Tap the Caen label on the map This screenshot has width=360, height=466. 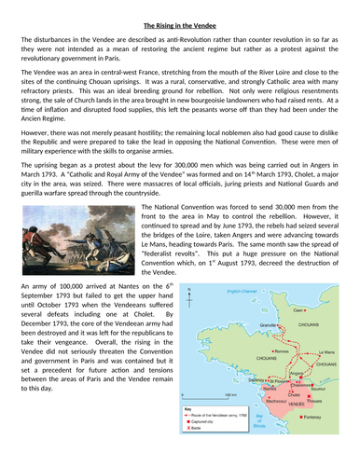[296, 308]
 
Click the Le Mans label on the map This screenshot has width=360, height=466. [326, 350]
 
